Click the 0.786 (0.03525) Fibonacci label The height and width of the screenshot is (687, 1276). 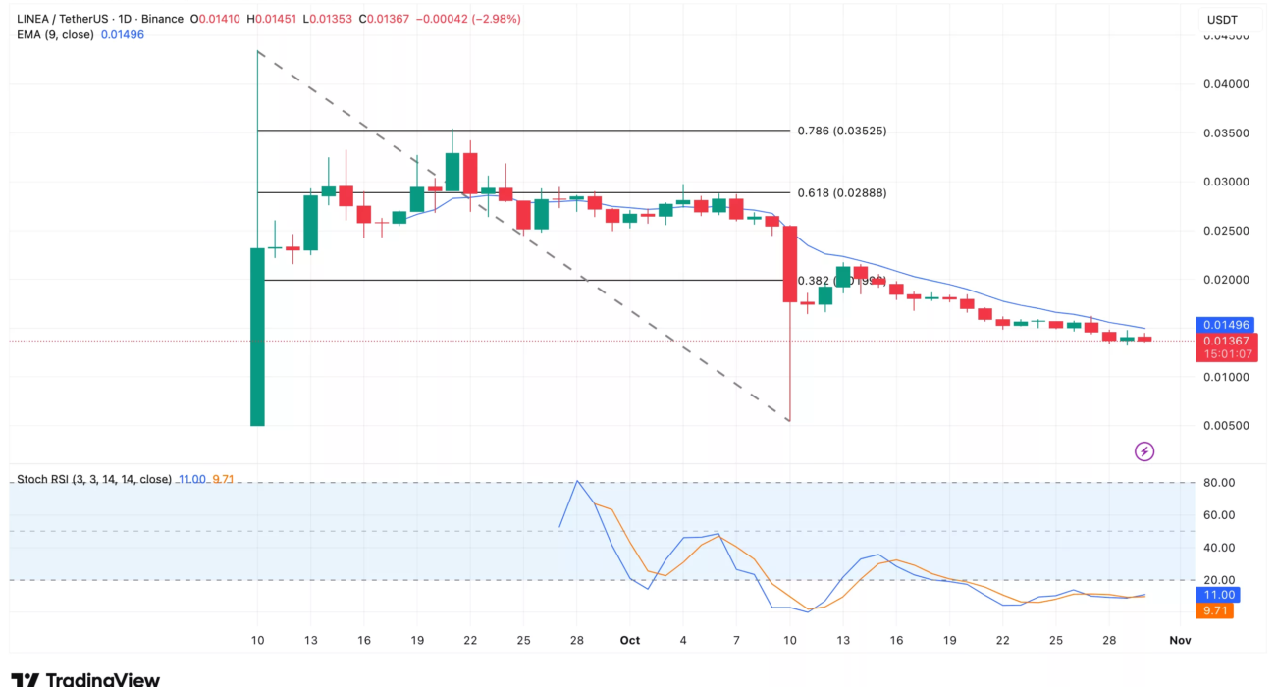tap(841, 131)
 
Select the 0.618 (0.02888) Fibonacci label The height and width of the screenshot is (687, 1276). tap(841, 193)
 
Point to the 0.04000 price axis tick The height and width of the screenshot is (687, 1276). tap(1226, 84)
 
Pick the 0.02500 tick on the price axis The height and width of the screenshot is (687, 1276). tap(1226, 231)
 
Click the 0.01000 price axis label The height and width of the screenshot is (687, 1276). tap(1226, 377)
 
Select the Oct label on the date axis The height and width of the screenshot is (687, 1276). tap(630, 640)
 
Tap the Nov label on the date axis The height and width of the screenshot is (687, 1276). tap(1180, 640)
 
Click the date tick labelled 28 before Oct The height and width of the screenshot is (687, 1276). tap(577, 640)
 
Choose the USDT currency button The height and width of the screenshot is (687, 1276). tap(1221, 20)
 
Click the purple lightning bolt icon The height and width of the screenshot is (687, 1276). tap(1144, 451)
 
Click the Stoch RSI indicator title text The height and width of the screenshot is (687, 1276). tap(94, 479)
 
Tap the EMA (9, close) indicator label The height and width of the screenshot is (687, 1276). tap(55, 34)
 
